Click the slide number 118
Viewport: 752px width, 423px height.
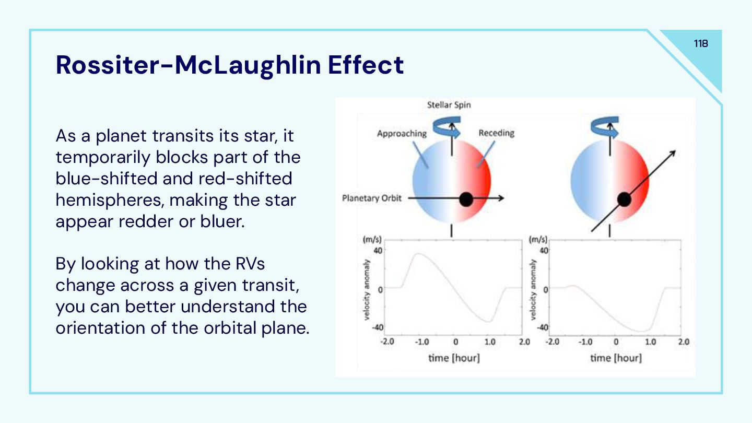[x=701, y=44]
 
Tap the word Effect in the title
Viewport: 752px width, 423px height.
[x=366, y=65]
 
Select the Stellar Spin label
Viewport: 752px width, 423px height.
[x=449, y=105]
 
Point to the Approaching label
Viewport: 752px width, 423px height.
[x=402, y=134]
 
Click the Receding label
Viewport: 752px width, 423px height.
[x=496, y=133]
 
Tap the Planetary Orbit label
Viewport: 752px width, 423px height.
[x=372, y=198]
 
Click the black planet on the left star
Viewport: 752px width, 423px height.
[x=466, y=199]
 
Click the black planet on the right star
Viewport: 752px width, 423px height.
[x=624, y=199]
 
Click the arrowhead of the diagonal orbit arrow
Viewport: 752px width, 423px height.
[x=673, y=152]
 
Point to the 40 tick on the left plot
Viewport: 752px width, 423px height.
[x=378, y=251]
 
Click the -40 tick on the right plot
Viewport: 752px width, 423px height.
[x=543, y=327]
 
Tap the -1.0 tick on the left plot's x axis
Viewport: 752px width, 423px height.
[x=421, y=342]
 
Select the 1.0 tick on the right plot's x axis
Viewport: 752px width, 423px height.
[x=650, y=342]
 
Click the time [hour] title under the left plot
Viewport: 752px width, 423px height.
[x=454, y=358]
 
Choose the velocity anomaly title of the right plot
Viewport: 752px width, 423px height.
[x=533, y=289]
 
